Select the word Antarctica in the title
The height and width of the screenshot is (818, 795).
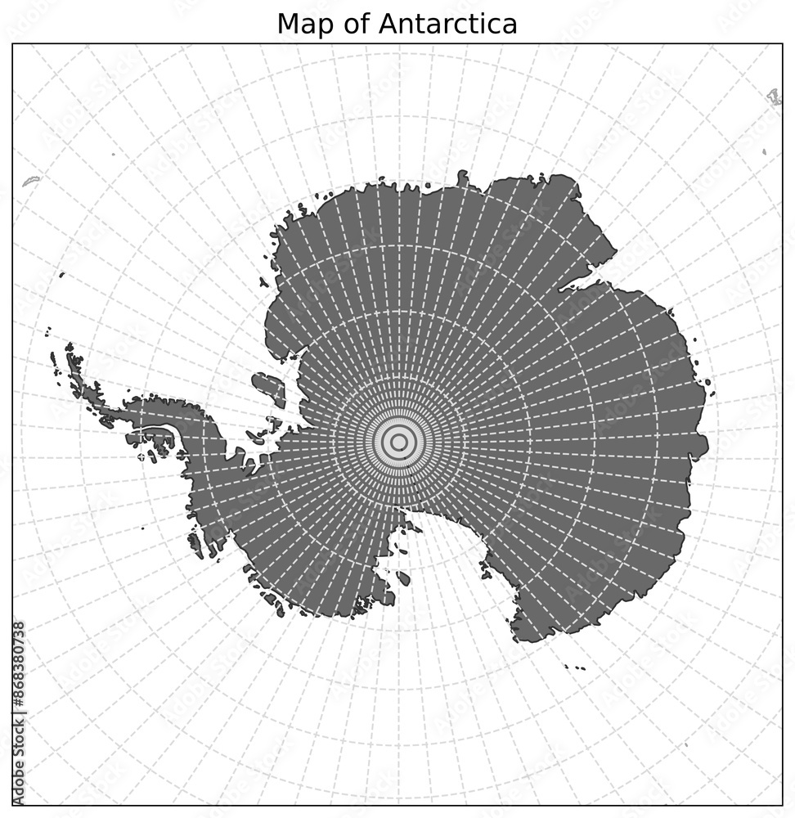pyautogui.click(x=448, y=24)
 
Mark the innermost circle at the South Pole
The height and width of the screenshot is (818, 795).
pyautogui.click(x=398, y=443)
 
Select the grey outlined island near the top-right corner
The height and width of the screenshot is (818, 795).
pyautogui.click(x=774, y=97)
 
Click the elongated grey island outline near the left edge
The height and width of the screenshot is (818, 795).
pyautogui.click(x=31, y=179)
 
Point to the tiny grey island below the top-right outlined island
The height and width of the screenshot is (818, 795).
pyautogui.click(x=764, y=151)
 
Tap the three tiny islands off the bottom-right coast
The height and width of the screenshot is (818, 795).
pyautogui.click(x=576, y=666)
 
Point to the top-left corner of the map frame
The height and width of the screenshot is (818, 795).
pyautogui.click(x=12, y=45)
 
